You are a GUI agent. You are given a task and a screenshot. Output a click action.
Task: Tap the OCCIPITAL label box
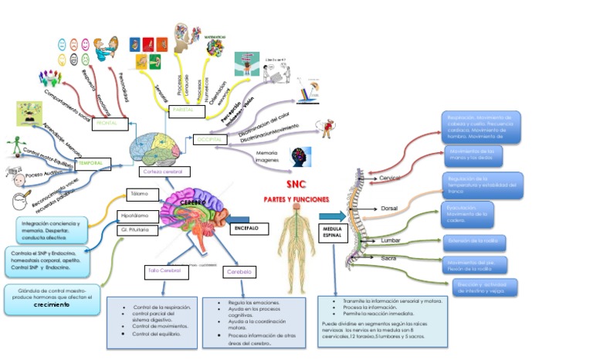click(x=209, y=140)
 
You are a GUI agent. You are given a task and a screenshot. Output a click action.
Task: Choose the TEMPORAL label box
click(x=93, y=164)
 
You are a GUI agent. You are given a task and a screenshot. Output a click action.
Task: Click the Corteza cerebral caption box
click(x=163, y=172)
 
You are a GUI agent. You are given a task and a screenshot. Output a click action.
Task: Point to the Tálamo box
click(x=139, y=194)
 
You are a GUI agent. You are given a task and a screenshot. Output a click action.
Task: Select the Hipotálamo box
click(x=138, y=215)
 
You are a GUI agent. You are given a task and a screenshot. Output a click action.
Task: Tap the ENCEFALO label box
click(x=249, y=228)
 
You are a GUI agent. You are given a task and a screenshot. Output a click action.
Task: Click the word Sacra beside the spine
click(x=389, y=257)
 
